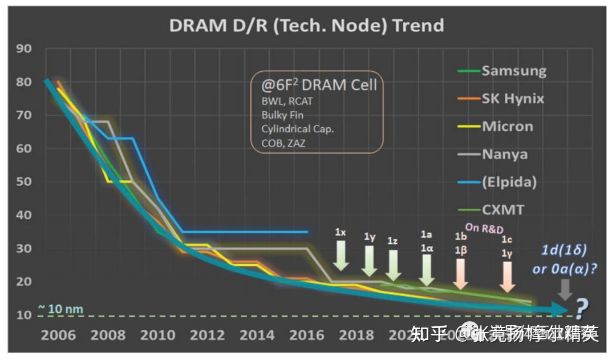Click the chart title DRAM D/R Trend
click(306, 25)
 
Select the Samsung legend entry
click(513, 71)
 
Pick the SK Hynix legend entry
click(513, 98)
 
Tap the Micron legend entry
click(508, 126)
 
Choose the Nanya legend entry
click(504, 154)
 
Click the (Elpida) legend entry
click(509, 182)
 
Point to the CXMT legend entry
click(502, 209)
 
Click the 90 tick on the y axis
click(23, 48)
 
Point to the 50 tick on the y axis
click(23, 182)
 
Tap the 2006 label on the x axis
click(58, 335)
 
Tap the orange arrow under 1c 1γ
click(506, 277)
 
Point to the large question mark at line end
click(581, 310)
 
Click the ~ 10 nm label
click(60, 310)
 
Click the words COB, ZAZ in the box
click(283, 143)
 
